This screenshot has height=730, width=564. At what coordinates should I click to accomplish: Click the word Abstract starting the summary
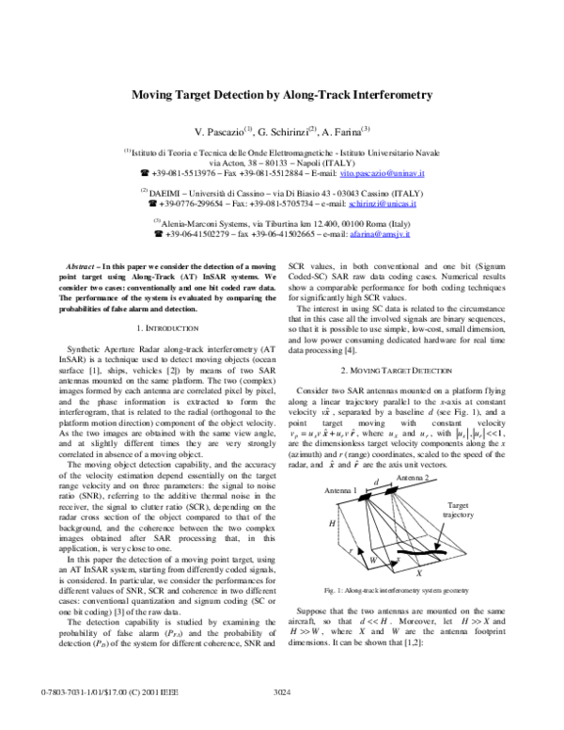[91, 268]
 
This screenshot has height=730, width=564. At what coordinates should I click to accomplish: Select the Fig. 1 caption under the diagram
[396, 589]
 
